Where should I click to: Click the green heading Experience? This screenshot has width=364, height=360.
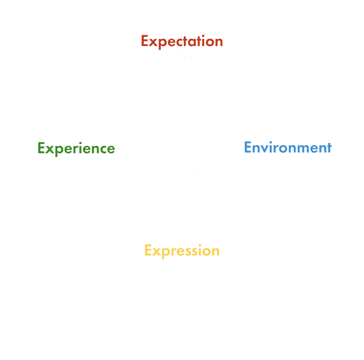(x=76, y=149)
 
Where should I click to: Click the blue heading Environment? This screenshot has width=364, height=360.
(x=288, y=148)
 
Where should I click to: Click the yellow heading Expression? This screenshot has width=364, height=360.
(x=182, y=251)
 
